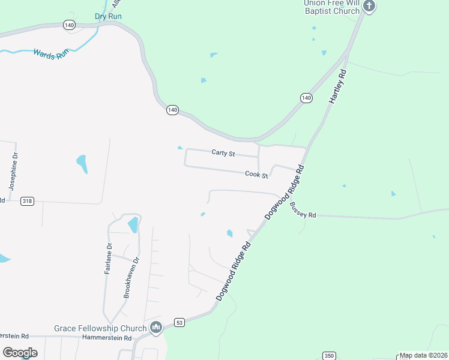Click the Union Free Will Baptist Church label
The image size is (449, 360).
(x=331, y=7)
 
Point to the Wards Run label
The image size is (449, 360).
(x=51, y=54)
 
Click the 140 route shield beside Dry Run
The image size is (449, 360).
(x=69, y=25)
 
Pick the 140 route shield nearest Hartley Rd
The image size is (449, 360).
(x=306, y=98)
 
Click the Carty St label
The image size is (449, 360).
(x=223, y=153)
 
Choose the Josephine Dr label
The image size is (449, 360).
(x=14, y=171)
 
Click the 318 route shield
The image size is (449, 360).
(x=26, y=201)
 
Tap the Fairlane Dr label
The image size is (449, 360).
(x=109, y=258)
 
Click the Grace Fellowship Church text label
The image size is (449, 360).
(x=100, y=328)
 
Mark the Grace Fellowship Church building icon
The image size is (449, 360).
(x=157, y=328)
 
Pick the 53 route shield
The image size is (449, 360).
(x=179, y=322)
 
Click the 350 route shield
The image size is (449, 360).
(x=328, y=355)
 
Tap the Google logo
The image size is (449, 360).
(x=20, y=353)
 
